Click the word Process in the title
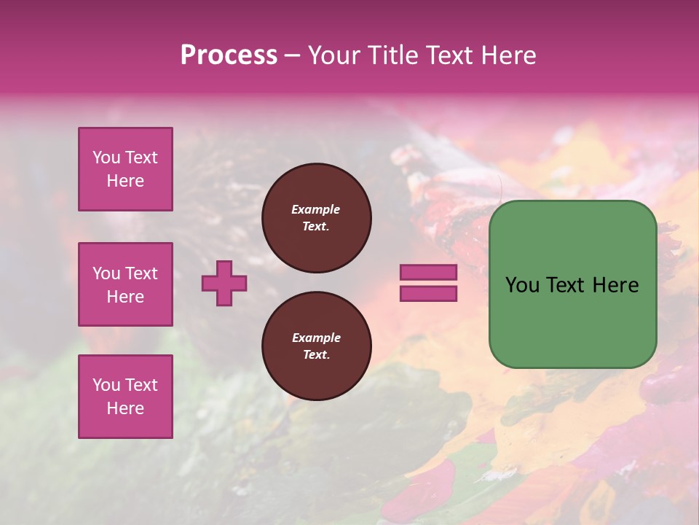click(229, 55)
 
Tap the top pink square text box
click(125, 169)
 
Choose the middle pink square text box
click(125, 284)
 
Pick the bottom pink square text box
click(125, 396)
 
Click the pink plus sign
click(224, 283)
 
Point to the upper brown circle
click(316, 218)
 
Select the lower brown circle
click(316, 346)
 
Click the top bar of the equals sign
click(428, 273)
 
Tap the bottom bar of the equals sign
click(428, 293)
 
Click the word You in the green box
click(523, 285)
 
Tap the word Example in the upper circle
click(316, 209)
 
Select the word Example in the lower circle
click(316, 338)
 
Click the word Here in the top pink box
click(125, 181)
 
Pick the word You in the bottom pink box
click(106, 384)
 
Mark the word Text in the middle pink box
click(141, 273)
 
